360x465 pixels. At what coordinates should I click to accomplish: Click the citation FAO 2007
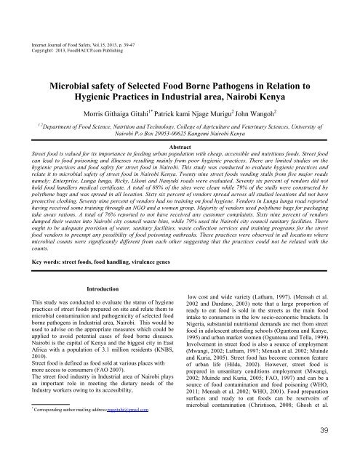(x=128, y=379)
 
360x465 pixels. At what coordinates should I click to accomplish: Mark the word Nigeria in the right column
(x=201, y=336)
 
